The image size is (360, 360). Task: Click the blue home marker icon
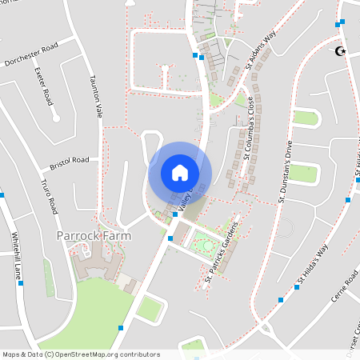[x=180, y=173]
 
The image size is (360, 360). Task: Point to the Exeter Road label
[x=43, y=86]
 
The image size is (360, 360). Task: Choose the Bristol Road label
[x=69, y=162]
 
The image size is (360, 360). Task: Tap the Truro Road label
[x=50, y=196]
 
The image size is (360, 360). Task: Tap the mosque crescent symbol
[x=340, y=52]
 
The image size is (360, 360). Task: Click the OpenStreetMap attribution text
[x=80, y=354]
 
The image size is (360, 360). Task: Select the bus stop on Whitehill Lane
[x=2, y=194]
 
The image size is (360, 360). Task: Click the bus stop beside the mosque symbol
[x=342, y=22]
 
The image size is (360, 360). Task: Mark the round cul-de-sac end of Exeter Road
[x=56, y=118]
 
